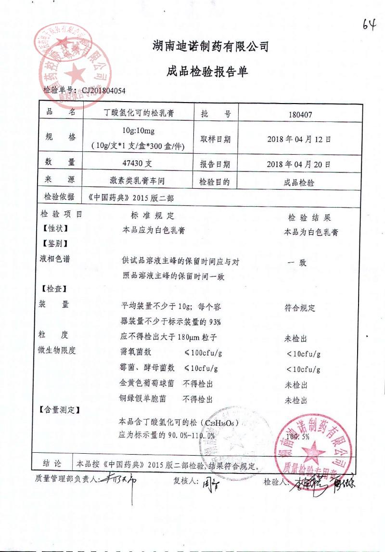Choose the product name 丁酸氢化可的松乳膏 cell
tap(140, 114)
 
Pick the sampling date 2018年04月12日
tap(299, 139)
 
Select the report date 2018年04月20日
tap(299, 164)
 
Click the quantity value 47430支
tap(138, 163)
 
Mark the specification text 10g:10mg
tap(138, 131)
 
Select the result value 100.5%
tap(297, 437)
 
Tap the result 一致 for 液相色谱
tap(296, 263)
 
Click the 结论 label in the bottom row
tap(51, 463)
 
